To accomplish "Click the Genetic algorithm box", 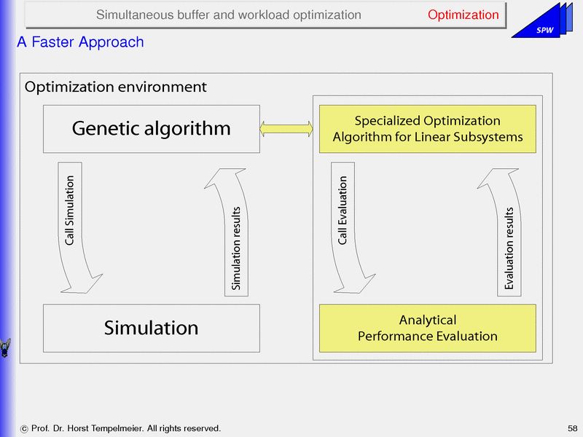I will tap(151, 129).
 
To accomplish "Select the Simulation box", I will tap(151, 328).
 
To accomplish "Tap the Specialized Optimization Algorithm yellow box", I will tap(427, 129).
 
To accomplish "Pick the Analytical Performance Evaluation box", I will tap(427, 328).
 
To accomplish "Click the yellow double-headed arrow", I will tap(286, 129).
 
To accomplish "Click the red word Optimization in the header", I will tap(463, 15).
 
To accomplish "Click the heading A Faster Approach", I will tap(80, 42).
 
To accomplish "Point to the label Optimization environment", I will tap(115, 87).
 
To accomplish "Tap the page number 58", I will tap(572, 428).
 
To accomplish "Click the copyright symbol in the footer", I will tap(25, 428).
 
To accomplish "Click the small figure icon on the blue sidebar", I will tap(6, 347).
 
